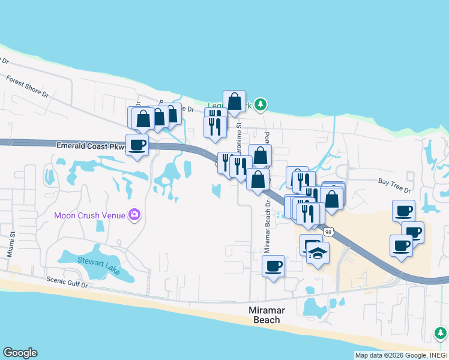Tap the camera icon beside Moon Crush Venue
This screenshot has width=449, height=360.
pos(134,215)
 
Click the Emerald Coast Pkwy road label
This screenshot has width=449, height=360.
pos(91,146)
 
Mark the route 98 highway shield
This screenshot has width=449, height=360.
pos(328,232)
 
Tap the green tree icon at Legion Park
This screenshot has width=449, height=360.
pos(260,104)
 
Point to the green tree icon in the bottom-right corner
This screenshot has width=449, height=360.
pos(441,332)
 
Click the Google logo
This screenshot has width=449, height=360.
pos(20,353)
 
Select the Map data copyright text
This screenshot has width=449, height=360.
pos(400,355)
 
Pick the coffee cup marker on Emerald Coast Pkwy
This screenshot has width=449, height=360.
pos(137,145)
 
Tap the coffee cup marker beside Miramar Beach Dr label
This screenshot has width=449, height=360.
pos(274,265)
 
